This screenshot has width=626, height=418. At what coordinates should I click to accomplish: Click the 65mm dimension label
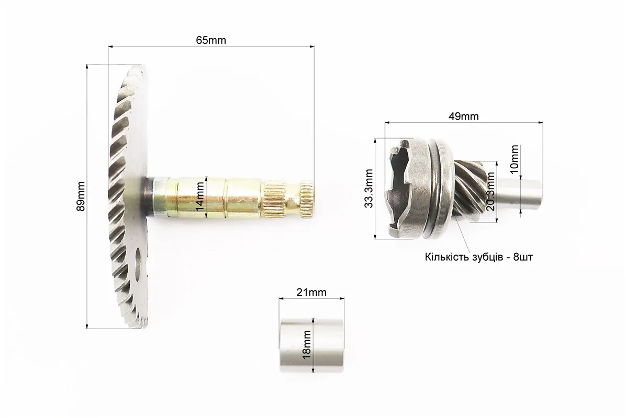click(211, 40)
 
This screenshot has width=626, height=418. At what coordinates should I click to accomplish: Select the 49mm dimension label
click(464, 117)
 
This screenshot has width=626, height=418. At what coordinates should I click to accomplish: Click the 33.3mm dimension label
click(368, 189)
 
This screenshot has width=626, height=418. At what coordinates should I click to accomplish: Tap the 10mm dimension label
click(514, 159)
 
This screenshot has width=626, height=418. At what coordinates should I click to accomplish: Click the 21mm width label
click(311, 292)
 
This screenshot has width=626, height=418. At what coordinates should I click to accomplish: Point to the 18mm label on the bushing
click(307, 344)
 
